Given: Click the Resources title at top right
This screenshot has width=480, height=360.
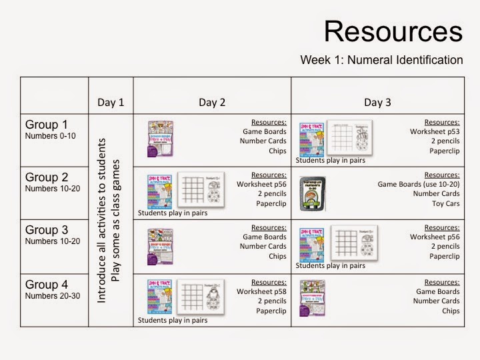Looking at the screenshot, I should (393, 31).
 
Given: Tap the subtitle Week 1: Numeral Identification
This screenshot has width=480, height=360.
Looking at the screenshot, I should (381, 60).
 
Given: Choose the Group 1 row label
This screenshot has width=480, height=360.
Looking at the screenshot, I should (47, 125).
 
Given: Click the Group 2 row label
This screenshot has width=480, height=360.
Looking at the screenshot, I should (47, 177).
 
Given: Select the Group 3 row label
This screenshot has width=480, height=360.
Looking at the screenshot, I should (47, 231).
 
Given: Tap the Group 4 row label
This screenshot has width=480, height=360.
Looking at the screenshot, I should (47, 285).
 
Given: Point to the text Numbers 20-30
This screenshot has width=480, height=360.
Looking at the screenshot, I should (50, 295).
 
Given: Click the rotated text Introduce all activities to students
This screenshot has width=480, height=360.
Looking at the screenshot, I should (102, 220).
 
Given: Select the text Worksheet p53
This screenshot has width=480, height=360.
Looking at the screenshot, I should (434, 132).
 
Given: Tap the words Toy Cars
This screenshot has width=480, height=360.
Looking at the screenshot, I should (444, 204).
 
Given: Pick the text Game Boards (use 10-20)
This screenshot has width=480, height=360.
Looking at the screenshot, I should (418, 184).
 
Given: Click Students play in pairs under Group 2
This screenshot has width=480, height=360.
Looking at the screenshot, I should (173, 213).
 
